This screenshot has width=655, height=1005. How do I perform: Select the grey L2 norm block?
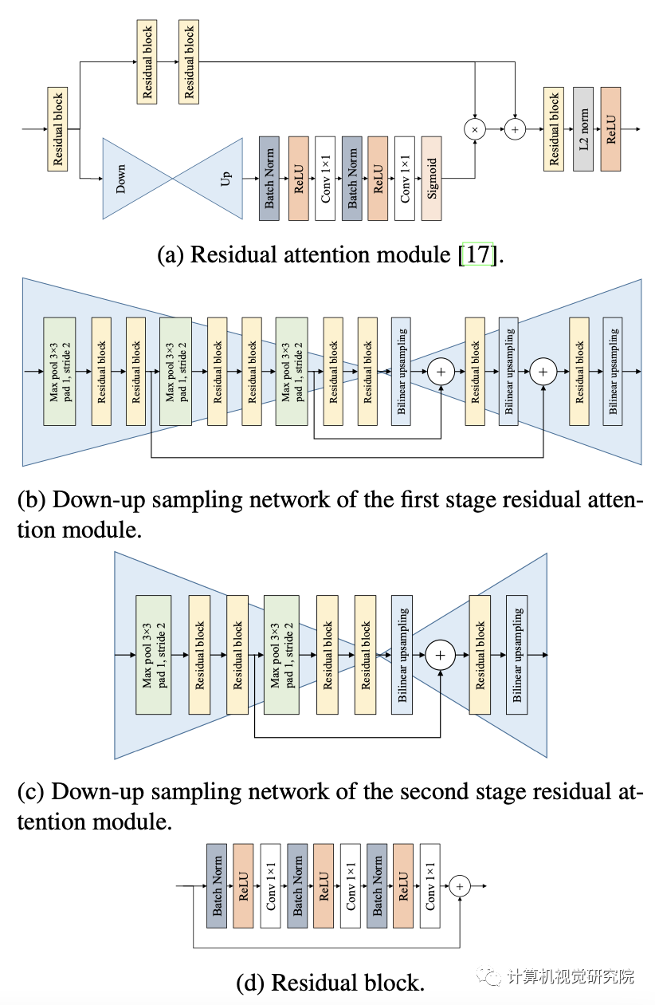click(x=583, y=128)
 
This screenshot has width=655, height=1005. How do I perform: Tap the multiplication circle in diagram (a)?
click(x=475, y=128)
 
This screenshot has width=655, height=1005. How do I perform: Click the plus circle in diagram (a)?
click(x=515, y=128)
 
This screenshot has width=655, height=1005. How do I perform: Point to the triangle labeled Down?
click(x=127, y=179)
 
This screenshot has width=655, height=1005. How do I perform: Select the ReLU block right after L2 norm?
click(x=611, y=128)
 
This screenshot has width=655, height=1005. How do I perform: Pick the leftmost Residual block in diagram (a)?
click(x=57, y=129)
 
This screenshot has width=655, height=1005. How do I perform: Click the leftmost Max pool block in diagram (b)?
click(x=59, y=371)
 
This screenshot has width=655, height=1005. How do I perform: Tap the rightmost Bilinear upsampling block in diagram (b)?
click(x=613, y=371)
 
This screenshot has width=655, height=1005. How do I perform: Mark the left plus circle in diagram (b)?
click(x=441, y=371)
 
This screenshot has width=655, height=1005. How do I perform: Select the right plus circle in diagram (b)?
click(x=543, y=371)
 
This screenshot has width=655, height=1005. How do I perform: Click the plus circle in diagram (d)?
click(x=460, y=885)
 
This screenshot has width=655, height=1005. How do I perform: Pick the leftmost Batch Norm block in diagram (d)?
click(x=217, y=885)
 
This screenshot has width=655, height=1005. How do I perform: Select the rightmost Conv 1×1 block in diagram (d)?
click(x=430, y=885)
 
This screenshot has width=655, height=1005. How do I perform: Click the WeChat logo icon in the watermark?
click(x=487, y=976)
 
